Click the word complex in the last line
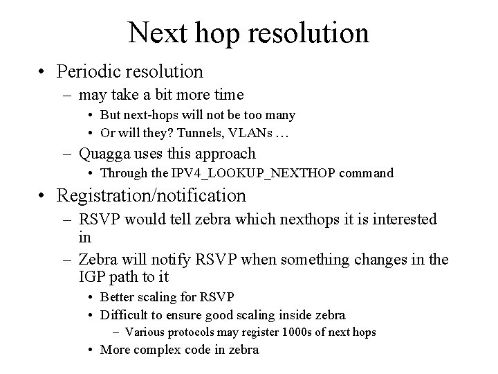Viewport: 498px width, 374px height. coord(156,350)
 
